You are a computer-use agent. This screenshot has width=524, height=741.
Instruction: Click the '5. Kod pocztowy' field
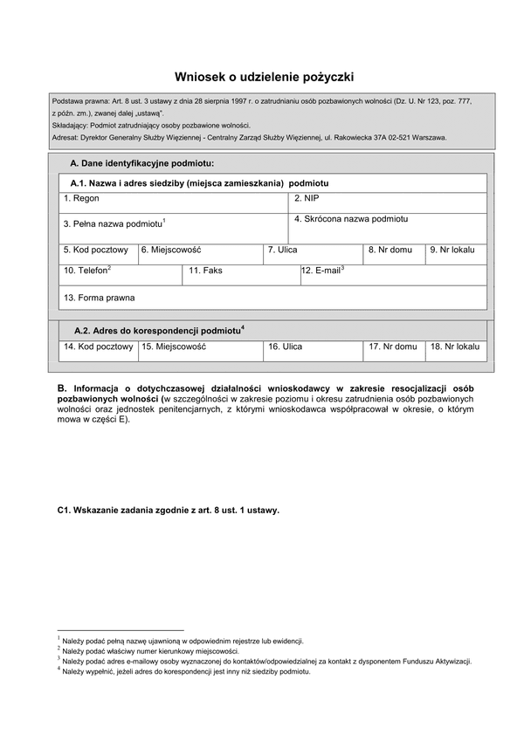point(98,254)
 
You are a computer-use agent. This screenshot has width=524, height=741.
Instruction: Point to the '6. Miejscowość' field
point(201,254)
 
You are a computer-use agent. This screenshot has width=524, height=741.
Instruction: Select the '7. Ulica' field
point(313,254)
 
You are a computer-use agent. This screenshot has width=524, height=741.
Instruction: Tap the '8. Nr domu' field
point(394,254)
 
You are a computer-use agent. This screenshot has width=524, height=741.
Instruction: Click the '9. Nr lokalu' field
point(456,254)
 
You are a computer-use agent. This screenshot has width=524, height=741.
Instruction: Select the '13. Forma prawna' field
point(272,298)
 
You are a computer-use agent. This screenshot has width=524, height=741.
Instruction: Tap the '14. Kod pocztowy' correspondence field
point(98,351)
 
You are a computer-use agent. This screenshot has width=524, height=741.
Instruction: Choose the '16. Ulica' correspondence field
point(313,351)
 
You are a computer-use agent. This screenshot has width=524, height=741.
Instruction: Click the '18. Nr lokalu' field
point(456,351)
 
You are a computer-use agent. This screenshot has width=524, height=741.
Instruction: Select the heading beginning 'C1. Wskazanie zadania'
point(168,511)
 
